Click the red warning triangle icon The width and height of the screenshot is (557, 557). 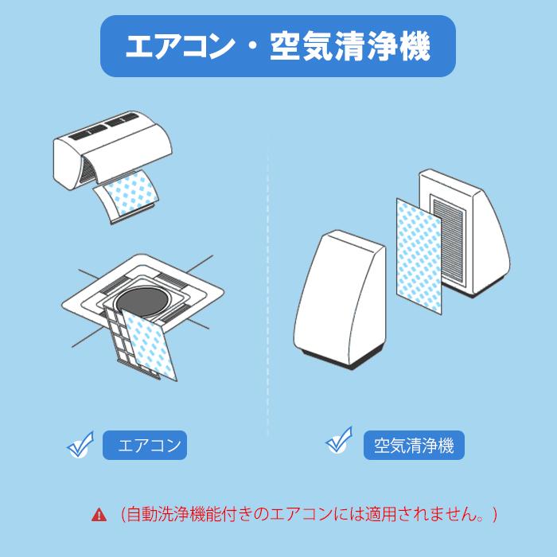(99, 514)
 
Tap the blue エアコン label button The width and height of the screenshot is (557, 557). (145, 445)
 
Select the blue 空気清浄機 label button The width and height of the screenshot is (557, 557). (414, 445)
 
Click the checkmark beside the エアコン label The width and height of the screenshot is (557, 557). (80, 445)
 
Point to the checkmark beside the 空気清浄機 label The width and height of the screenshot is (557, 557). (339, 441)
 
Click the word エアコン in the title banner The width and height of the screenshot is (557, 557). (180, 46)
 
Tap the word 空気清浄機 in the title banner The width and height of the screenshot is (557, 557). (350, 46)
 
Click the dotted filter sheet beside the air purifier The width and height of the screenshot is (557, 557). (419, 255)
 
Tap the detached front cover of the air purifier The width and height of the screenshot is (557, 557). (339, 300)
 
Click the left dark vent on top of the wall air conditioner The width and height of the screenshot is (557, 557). (86, 133)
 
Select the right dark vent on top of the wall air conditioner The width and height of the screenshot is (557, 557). (123, 120)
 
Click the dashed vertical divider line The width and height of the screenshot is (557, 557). (268, 284)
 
